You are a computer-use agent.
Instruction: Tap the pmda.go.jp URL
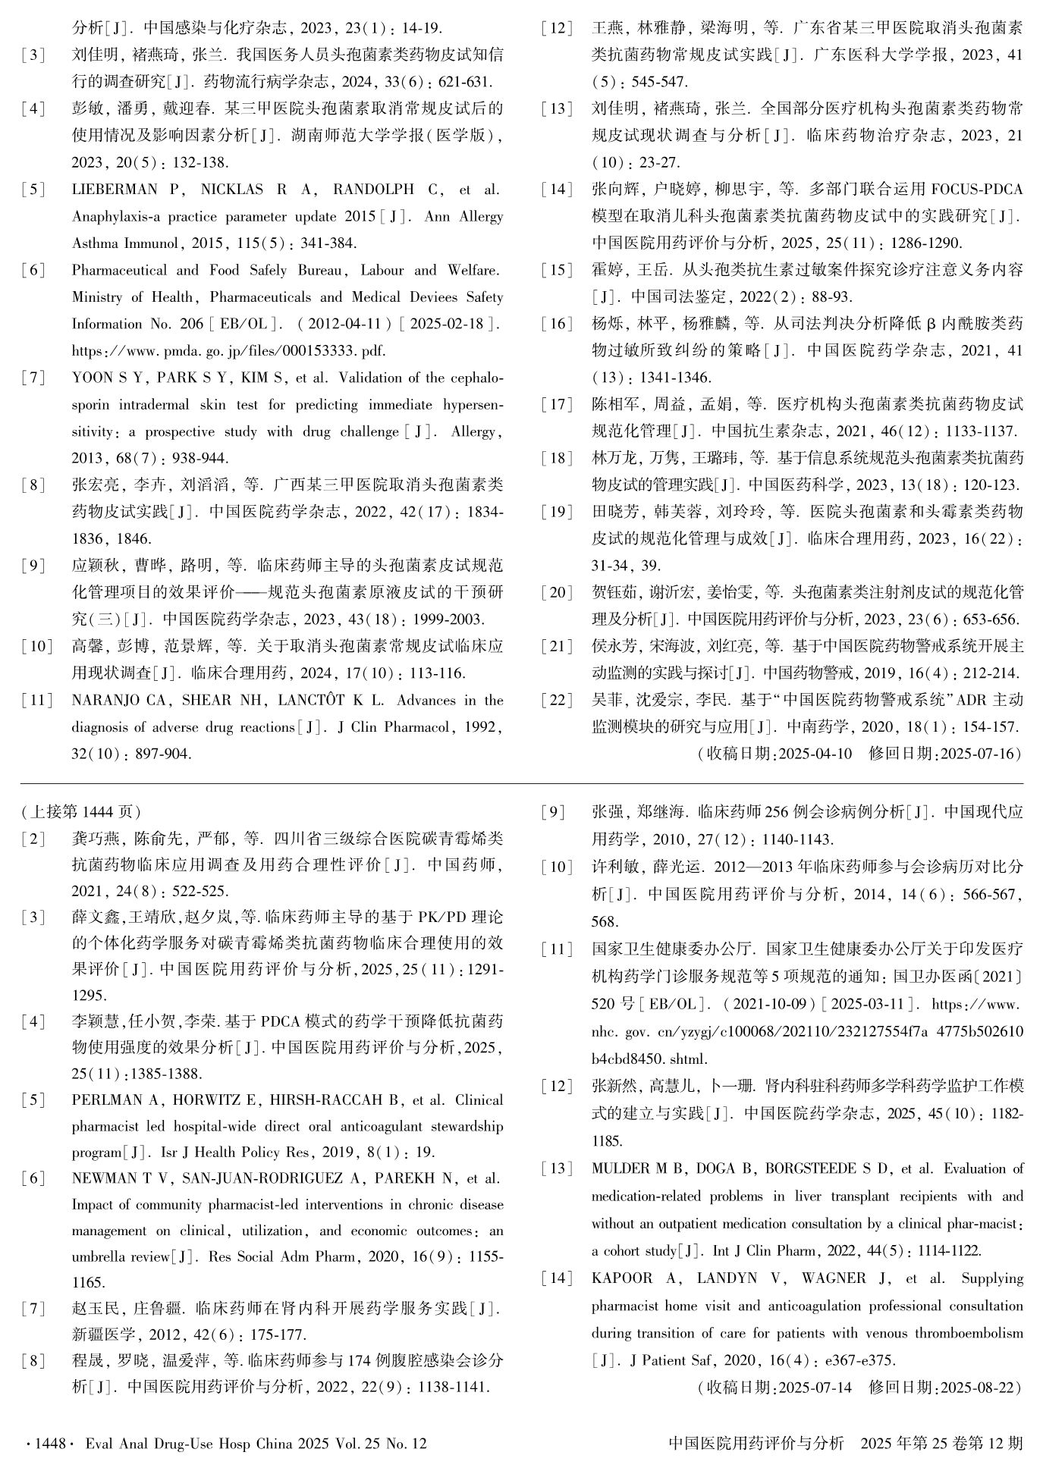[228, 351]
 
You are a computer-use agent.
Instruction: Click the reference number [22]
[558, 700]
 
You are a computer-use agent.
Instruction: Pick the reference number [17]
[558, 405]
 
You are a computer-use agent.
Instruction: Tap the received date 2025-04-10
[815, 754]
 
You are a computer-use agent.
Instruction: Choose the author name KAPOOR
[621, 1278]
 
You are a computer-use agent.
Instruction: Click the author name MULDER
[620, 1168]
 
